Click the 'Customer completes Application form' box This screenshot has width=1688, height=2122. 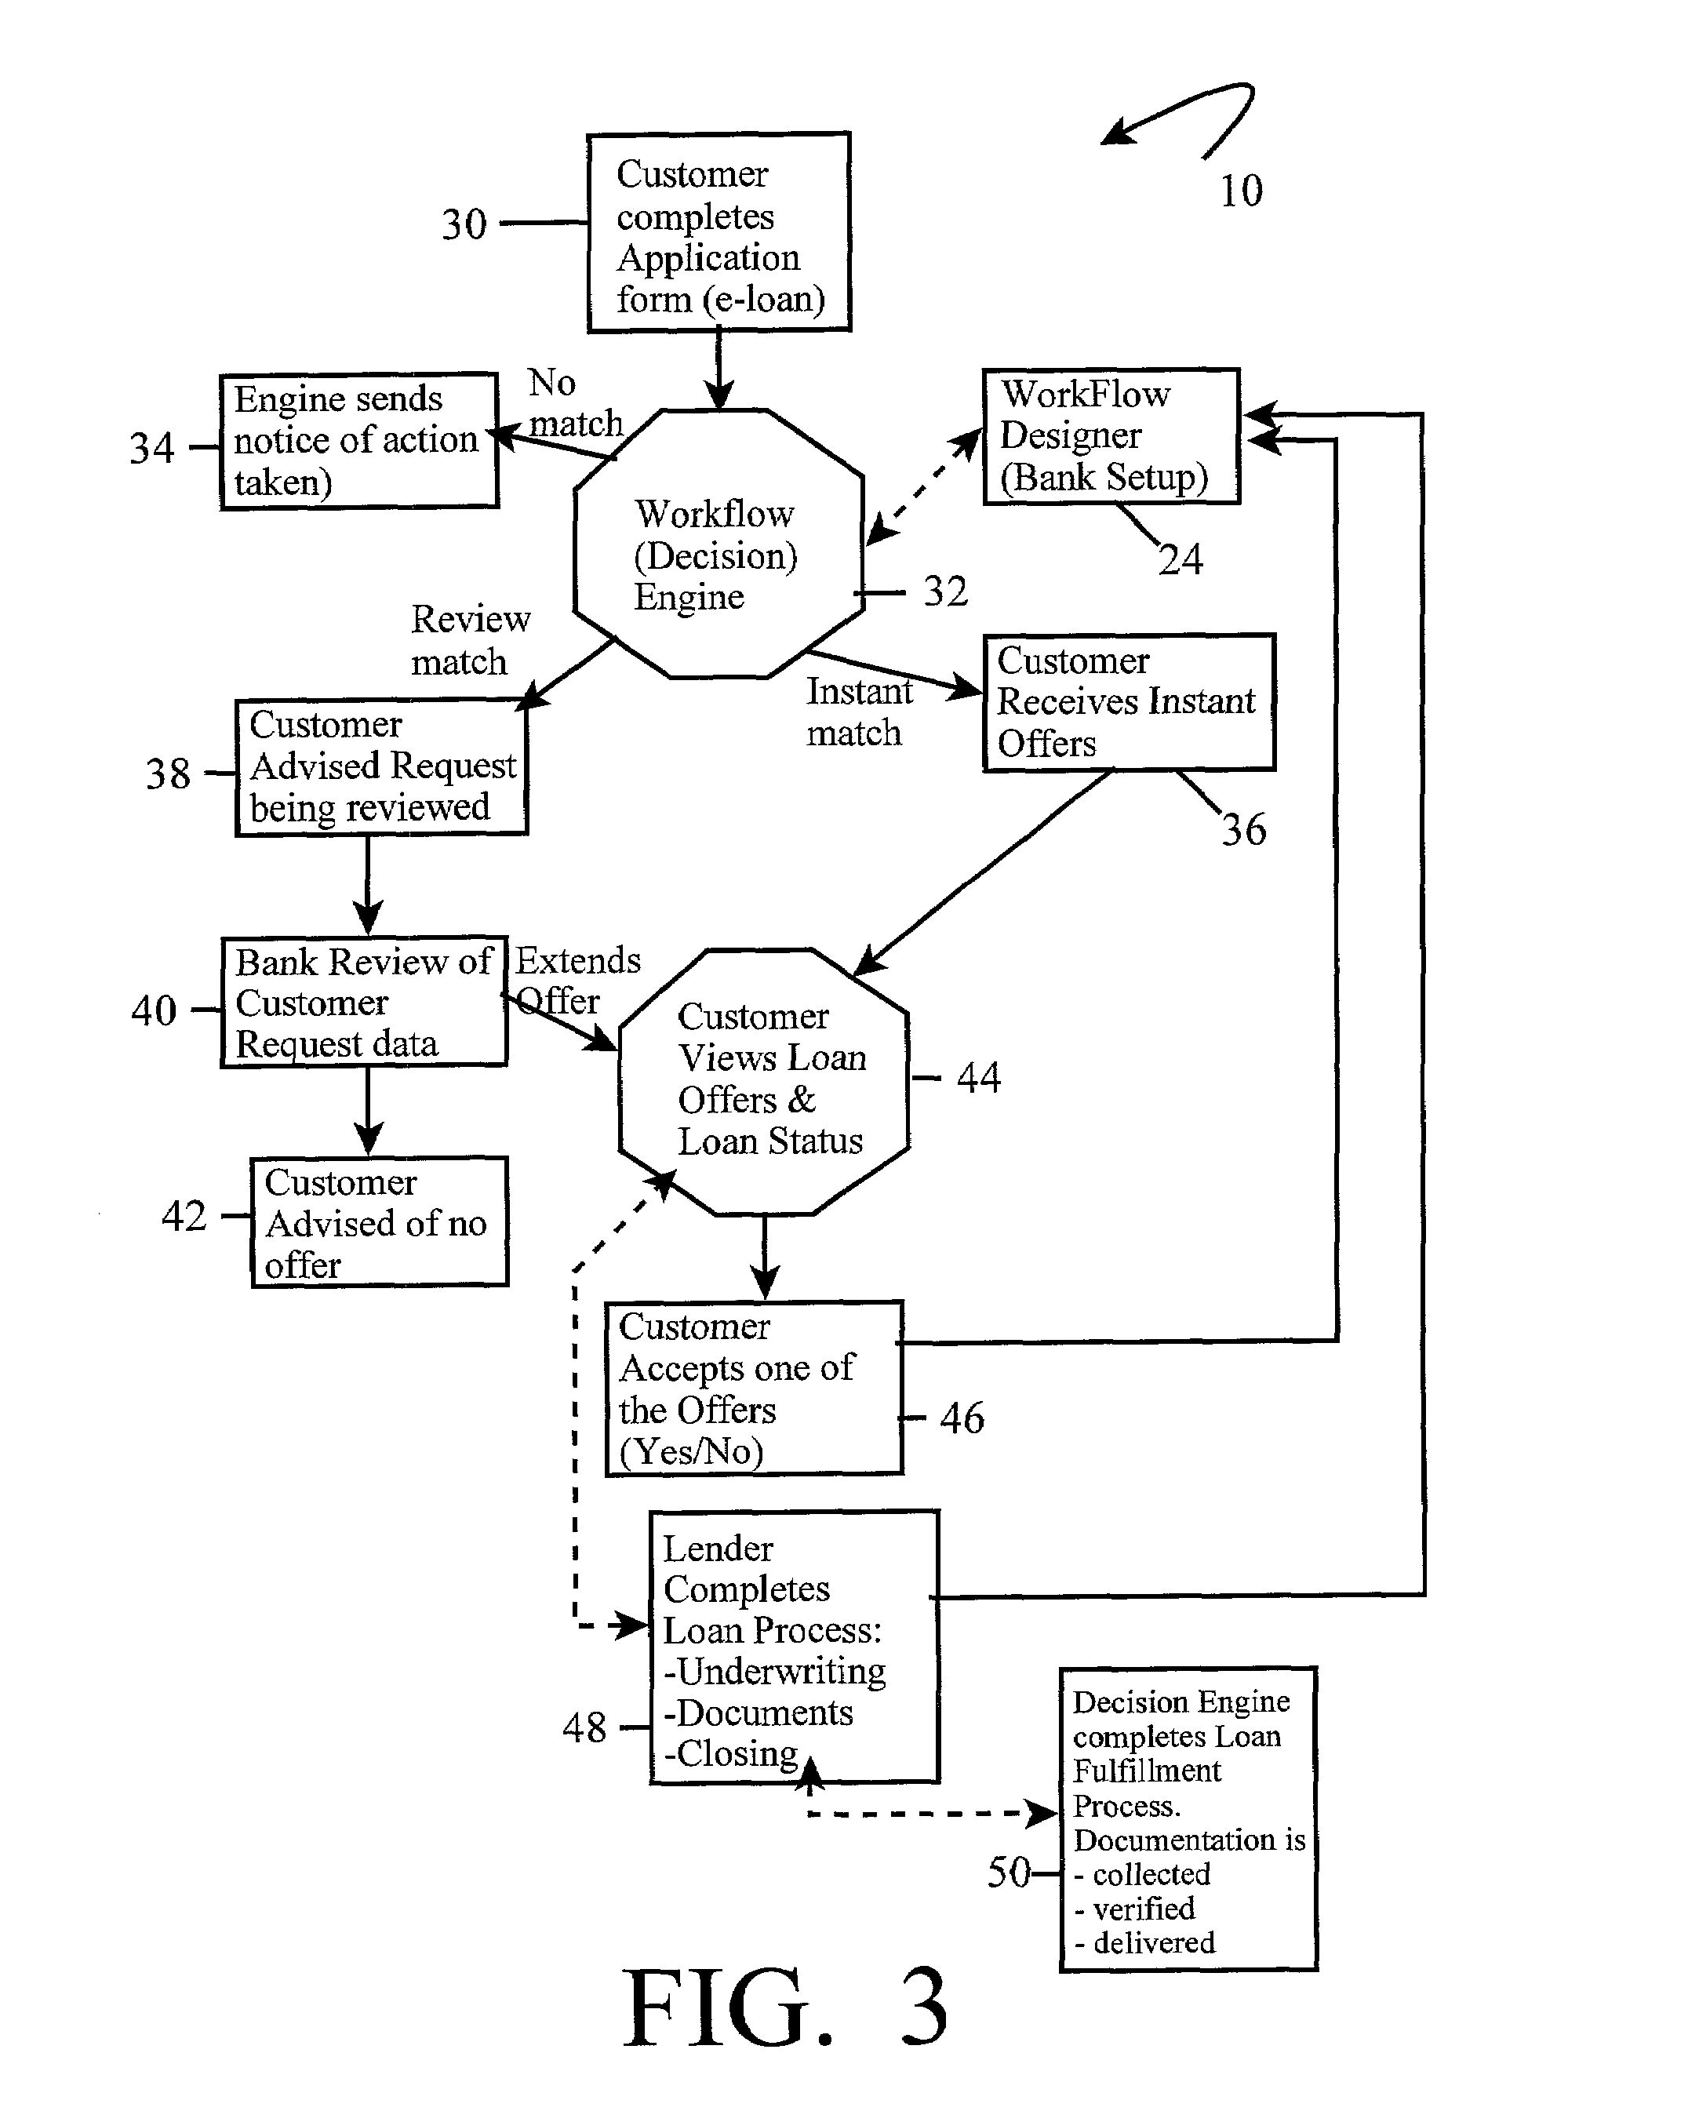coord(718,232)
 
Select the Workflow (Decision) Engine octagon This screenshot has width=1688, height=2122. coord(718,544)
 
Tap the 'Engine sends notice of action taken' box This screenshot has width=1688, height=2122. coord(359,441)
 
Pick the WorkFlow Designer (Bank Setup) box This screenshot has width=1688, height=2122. coord(1111,437)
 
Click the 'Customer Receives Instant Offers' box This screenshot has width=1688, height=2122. coord(1129,702)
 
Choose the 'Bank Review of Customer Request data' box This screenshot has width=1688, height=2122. coord(364,1002)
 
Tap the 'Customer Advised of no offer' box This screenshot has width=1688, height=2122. coord(379,1221)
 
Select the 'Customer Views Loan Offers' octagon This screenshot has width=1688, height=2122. coord(764,1082)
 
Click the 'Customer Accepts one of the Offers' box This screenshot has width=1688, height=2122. coord(754,1389)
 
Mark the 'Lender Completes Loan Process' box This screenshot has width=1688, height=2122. coord(795,1647)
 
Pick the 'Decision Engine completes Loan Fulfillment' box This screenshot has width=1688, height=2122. coord(1188,1819)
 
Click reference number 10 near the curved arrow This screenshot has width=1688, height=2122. coord(1241,191)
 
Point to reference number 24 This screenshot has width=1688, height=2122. coord(1181,560)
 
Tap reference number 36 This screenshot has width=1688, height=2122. coord(1244,830)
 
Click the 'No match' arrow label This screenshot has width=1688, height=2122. coord(576,402)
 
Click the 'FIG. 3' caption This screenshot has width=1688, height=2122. coord(785,2007)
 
